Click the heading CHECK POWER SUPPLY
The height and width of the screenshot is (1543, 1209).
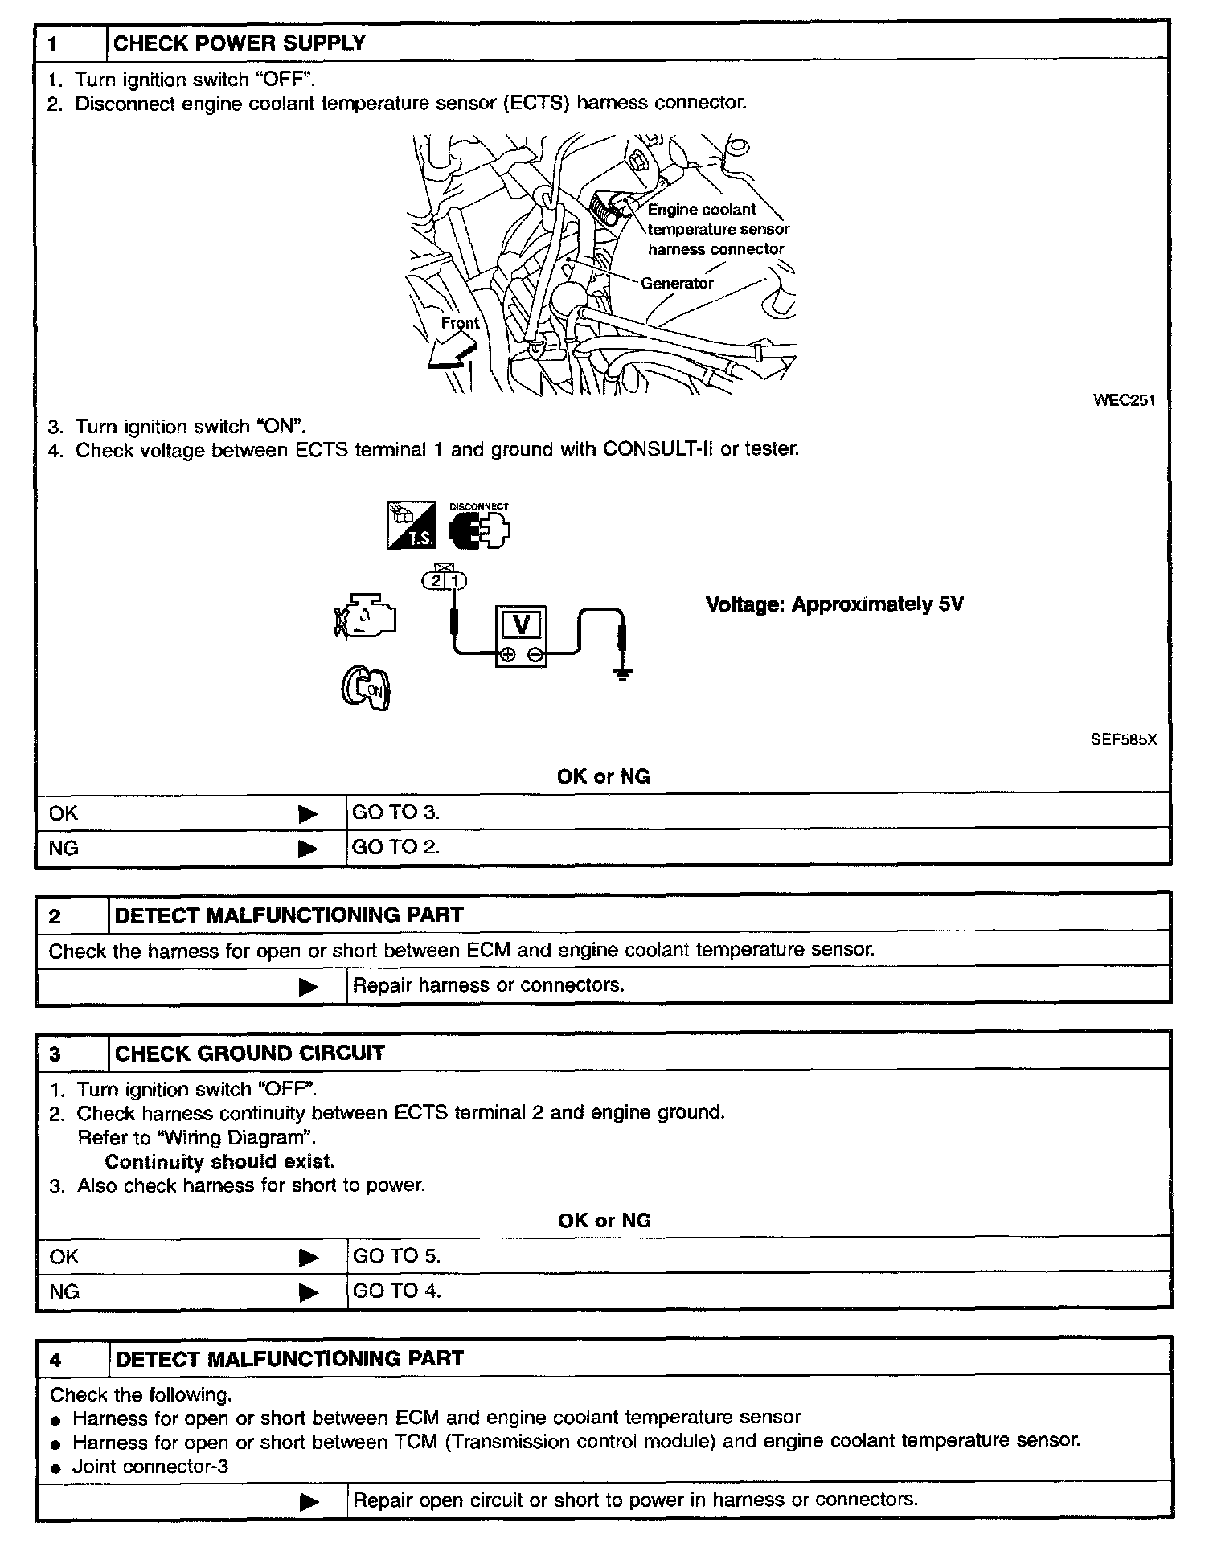pyautogui.click(x=240, y=43)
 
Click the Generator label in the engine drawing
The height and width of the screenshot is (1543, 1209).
pyautogui.click(x=677, y=283)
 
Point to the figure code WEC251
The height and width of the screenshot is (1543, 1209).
pyautogui.click(x=1124, y=400)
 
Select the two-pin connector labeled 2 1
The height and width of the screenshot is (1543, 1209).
pyautogui.click(x=445, y=579)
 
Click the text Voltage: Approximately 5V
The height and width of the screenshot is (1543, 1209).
pyautogui.click(x=834, y=604)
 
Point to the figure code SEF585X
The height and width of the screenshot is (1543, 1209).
pyautogui.click(x=1123, y=740)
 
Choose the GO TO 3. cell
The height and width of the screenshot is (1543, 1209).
pyautogui.click(x=396, y=812)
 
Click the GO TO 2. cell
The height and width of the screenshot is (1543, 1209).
pyautogui.click(x=396, y=847)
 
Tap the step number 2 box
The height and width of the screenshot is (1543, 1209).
pyautogui.click(x=72, y=916)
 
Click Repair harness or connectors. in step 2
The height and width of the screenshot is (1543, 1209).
pyautogui.click(x=488, y=985)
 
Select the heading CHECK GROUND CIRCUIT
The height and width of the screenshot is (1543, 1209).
pyautogui.click(x=249, y=1054)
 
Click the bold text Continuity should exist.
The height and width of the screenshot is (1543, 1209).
pyautogui.click(x=219, y=1161)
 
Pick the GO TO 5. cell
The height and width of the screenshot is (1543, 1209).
pyautogui.click(x=396, y=1256)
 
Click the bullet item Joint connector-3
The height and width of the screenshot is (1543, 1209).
pyautogui.click(x=150, y=1467)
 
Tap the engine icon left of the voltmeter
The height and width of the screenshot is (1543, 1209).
pyautogui.click(x=366, y=617)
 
